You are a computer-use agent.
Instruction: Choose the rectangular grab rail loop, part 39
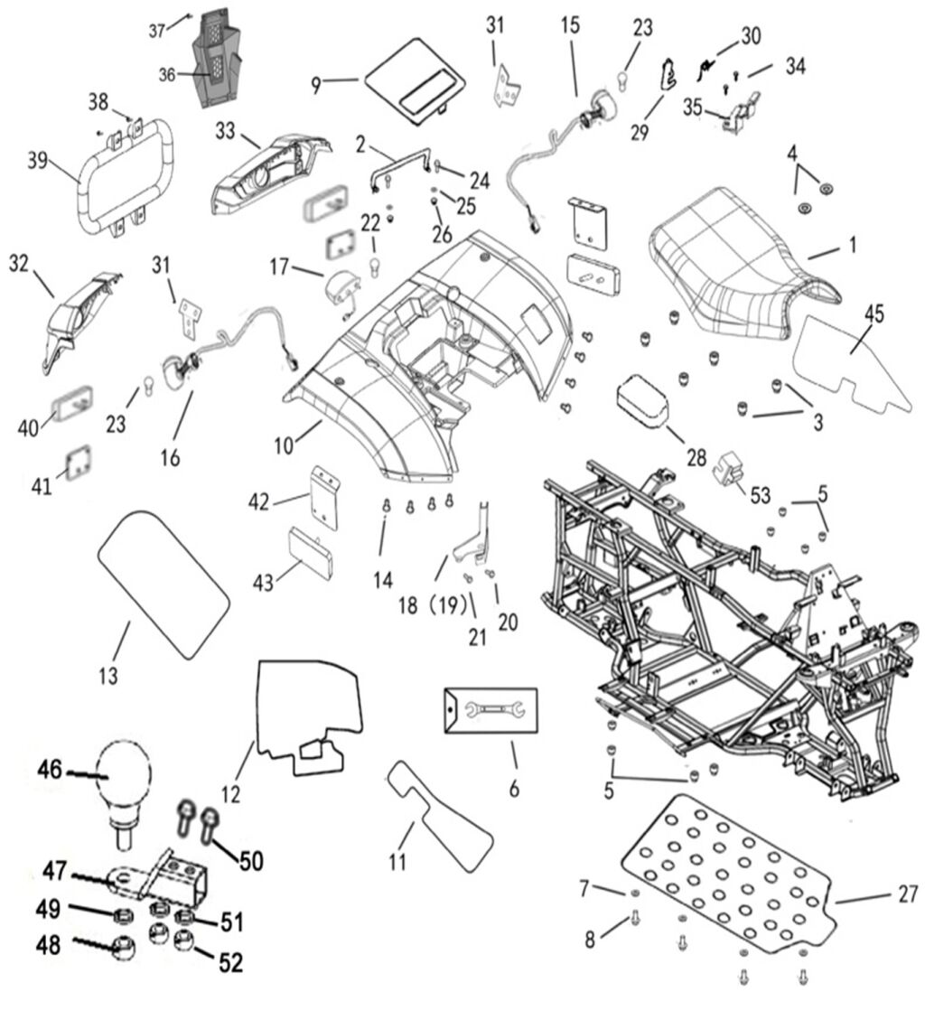click(x=126, y=182)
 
